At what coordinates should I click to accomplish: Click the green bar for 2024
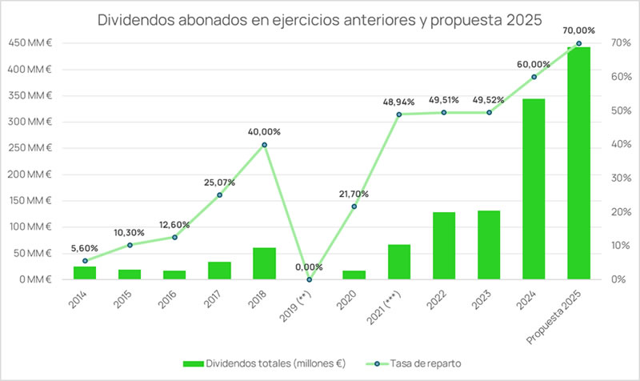(x=534, y=189)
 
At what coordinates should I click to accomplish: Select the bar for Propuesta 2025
(x=578, y=163)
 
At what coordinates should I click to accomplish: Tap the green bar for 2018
(x=264, y=263)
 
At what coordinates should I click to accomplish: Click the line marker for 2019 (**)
(x=309, y=279)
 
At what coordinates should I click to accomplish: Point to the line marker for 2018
(x=264, y=145)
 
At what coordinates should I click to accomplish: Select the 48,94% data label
(x=398, y=102)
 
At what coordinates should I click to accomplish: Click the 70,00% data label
(x=578, y=30)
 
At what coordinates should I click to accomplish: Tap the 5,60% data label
(x=85, y=248)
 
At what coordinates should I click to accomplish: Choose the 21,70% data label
(x=354, y=195)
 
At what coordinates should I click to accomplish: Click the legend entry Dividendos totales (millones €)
(x=265, y=363)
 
